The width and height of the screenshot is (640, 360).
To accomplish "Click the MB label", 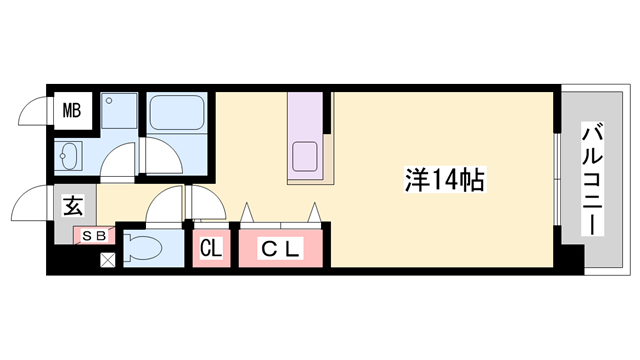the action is pos(72,109).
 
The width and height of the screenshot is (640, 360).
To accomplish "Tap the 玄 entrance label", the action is pos(74,208).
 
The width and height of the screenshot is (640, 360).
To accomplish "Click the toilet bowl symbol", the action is pos(146,247).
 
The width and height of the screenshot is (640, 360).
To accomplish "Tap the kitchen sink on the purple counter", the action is pos(305,156).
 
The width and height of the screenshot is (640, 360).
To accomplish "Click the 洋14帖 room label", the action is pos(444,180).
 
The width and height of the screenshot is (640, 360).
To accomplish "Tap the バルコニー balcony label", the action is pos(593,178).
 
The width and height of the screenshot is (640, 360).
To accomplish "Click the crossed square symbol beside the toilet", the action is pos(107,262).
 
